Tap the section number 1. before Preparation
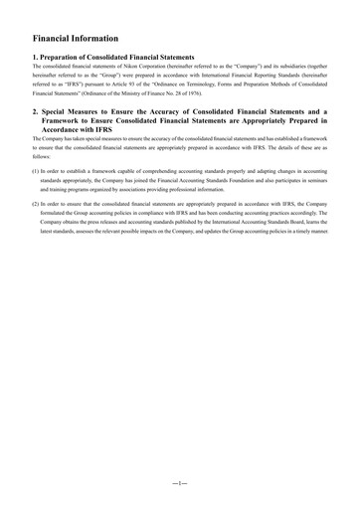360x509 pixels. point(36,59)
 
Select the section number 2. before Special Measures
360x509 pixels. point(36,114)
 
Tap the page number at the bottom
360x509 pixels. point(179,481)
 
